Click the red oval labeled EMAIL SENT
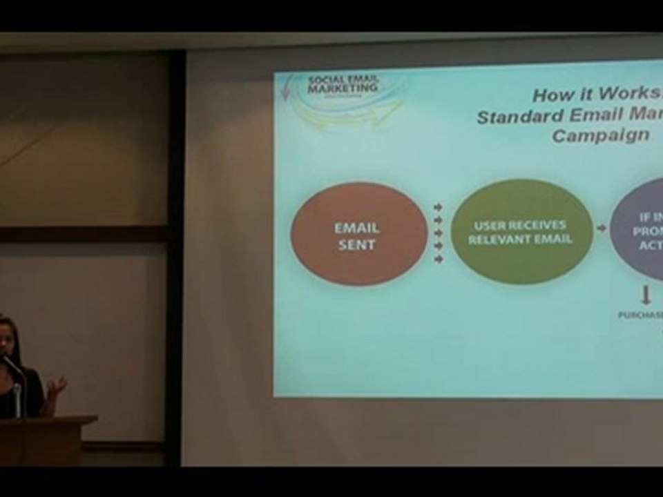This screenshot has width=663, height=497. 358,234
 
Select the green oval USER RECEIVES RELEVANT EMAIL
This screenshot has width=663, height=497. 521,232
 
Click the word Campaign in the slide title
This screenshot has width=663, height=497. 600,135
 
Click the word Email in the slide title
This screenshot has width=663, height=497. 594,116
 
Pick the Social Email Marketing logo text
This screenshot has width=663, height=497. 343,85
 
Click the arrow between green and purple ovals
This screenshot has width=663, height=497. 602,228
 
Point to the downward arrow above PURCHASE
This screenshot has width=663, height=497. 646,296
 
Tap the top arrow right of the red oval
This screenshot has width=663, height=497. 438,207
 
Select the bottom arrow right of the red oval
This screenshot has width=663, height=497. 438,259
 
